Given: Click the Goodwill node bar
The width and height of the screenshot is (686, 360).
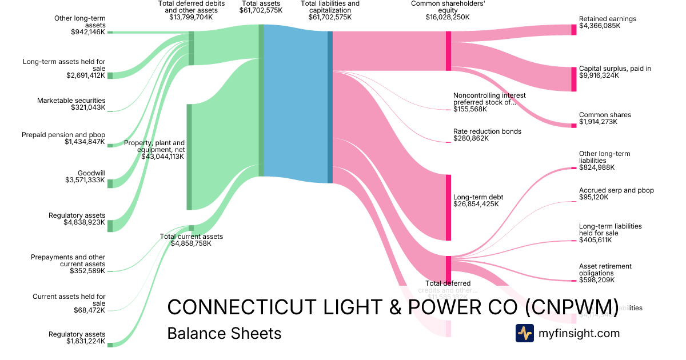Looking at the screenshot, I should pos(110,183).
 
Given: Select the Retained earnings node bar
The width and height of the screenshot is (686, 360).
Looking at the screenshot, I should pos(574,30).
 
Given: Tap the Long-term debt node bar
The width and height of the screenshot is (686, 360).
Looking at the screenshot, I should pos(448,207).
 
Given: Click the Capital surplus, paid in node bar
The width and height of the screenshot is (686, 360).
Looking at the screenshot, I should pos(574,79).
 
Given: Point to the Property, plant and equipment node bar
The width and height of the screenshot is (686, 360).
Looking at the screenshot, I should pos(189,157).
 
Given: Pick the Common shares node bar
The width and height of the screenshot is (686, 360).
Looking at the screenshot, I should pos(574,125).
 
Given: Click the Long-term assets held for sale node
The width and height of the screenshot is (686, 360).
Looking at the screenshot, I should pos(110,75).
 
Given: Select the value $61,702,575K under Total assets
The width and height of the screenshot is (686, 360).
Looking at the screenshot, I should pos(261,17).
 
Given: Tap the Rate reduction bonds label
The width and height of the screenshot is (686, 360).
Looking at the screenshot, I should pos(487,131).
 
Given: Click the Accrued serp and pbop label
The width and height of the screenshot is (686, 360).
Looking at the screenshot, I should pos(616,190).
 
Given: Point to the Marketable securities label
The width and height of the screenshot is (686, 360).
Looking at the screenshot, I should pos(71,101).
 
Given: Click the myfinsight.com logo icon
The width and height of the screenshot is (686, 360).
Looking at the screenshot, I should pos(524,333).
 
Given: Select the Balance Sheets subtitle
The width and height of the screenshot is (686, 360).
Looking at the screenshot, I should pos(224,333).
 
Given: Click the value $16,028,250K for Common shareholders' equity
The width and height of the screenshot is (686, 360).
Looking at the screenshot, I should pos(448,17).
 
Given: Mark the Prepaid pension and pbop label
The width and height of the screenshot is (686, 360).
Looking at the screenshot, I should pos(63,135).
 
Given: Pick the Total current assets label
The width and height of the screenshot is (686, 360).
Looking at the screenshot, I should pos(191,236).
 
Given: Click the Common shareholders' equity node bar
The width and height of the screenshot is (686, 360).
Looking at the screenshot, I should pos(448,51).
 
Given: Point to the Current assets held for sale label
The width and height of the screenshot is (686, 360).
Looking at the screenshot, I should pos(69,297).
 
